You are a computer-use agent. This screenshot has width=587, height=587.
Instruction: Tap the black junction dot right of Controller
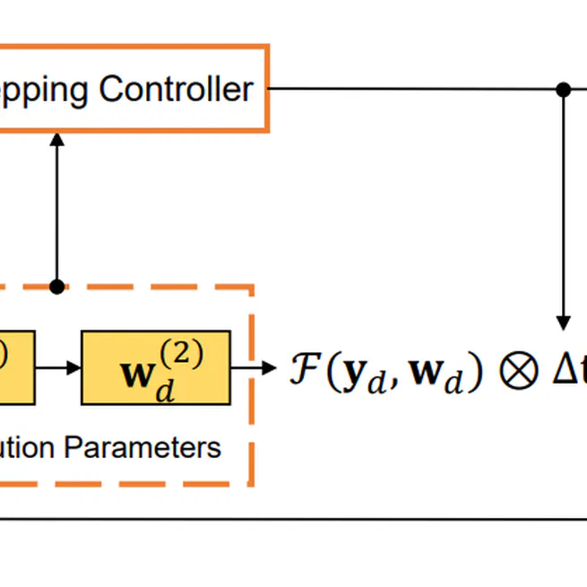click(x=563, y=89)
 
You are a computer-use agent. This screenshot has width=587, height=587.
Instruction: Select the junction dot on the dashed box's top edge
click(x=57, y=287)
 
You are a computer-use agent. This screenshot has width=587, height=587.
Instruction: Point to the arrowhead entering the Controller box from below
click(x=57, y=141)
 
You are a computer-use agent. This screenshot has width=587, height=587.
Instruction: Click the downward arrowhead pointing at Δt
click(x=563, y=322)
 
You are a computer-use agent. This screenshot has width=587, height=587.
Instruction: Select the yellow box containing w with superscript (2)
click(x=155, y=367)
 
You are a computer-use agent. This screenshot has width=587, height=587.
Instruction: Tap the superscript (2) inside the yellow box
click(x=183, y=353)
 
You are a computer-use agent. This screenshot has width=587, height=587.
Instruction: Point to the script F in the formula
click(x=302, y=369)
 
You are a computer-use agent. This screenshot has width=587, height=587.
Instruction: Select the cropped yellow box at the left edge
click(x=16, y=367)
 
